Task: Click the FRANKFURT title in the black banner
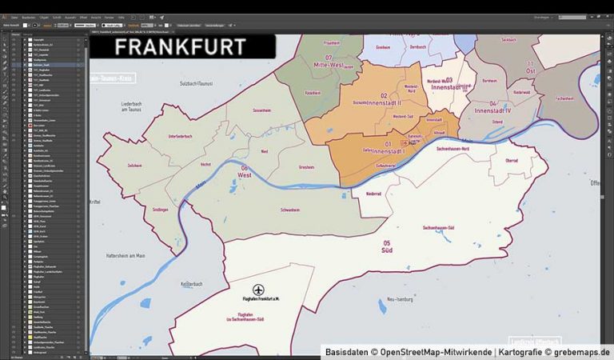[x=180, y=46]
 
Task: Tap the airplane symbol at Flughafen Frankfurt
[x=258, y=289]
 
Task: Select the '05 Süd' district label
[x=387, y=246]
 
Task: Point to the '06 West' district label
[x=244, y=170]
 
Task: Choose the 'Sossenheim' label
[x=261, y=110]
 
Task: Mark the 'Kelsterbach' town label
[x=193, y=284]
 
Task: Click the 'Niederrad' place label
[x=373, y=194]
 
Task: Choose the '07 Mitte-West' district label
[x=328, y=61]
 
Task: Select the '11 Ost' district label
[x=529, y=66]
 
